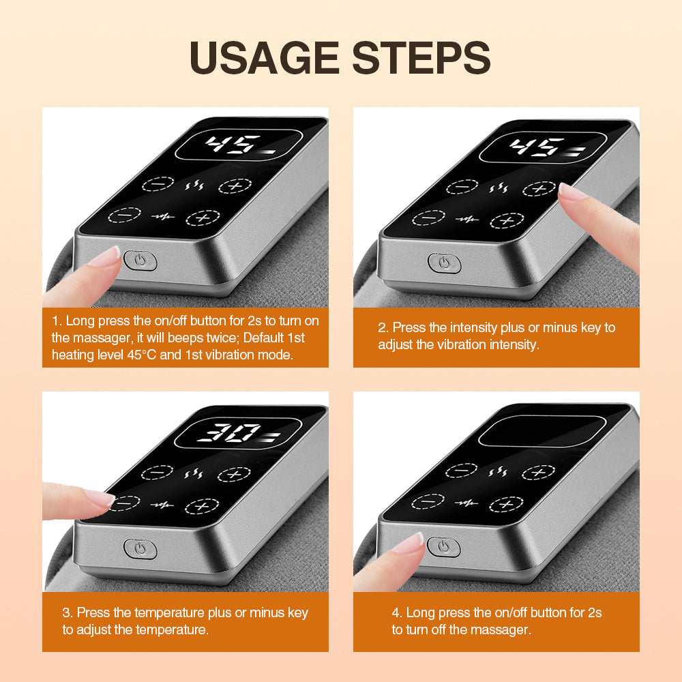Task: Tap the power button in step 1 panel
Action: (140, 260)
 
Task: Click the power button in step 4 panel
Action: (443, 546)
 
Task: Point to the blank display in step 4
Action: (542, 432)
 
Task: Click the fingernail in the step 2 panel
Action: (572, 192)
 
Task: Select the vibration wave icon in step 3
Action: (162, 505)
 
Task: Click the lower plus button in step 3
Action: (202, 506)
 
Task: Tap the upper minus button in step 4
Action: (461, 471)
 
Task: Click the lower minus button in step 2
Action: (428, 218)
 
